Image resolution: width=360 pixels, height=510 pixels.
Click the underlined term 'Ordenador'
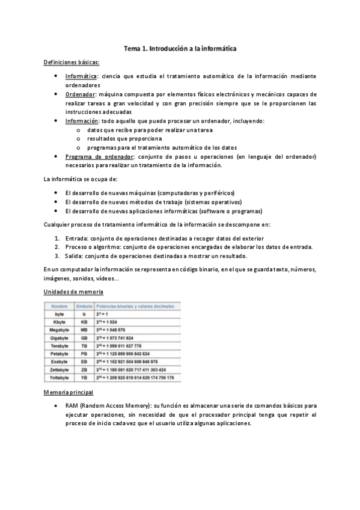(80, 94)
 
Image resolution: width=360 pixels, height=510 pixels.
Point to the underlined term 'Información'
(82, 121)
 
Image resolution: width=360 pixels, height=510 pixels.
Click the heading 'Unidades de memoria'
(74, 292)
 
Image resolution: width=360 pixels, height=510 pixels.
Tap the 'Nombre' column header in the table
(59, 306)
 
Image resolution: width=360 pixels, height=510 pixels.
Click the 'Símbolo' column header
(84, 306)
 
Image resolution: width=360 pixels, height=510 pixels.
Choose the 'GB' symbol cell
(84, 338)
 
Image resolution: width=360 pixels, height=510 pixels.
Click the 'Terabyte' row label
(59, 346)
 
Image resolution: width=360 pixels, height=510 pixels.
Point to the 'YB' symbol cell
(84, 378)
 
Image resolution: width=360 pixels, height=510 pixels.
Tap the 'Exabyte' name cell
(59, 361)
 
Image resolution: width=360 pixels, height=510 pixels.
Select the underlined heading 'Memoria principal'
(69, 392)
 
